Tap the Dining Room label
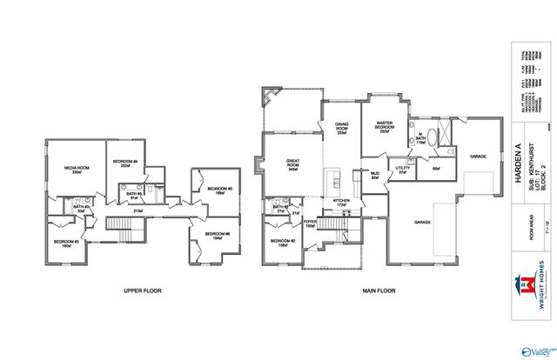pos(342,129)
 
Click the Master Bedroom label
pos(386,128)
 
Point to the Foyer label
pos(310,223)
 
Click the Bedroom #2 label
pos(282,243)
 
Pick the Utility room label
pos(402,170)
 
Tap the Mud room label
pos(375,177)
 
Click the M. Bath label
pos(419,138)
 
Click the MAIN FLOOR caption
pos(378,290)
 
